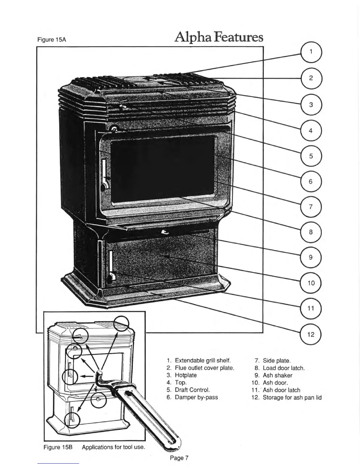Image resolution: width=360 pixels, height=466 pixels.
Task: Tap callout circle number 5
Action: (x=311, y=156)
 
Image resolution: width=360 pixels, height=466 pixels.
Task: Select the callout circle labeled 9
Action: (x=311, y=257)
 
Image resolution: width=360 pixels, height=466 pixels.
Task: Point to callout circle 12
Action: (x=311, y=334)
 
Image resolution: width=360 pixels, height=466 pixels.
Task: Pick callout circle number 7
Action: (x=311, y=207)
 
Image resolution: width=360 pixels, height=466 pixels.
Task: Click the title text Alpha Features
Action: (x=219, y=37)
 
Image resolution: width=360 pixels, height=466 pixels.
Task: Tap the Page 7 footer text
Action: (x=179, y=458)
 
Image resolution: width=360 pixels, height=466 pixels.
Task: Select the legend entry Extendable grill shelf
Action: (x=202, y=360)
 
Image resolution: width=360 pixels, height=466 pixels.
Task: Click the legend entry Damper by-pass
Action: (x=196, y=397)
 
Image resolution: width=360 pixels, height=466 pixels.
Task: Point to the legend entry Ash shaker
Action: (x=277, y=375)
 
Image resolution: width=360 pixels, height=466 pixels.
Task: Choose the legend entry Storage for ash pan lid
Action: (x=292, y=397)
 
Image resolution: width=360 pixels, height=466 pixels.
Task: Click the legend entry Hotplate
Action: (x=186, y=375)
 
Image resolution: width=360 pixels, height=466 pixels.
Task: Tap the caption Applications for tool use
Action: (x=114, y=447)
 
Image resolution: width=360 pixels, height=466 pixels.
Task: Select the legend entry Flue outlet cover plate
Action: (x=204, y=368)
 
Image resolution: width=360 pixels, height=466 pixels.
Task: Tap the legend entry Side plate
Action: (x=276, y=361)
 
